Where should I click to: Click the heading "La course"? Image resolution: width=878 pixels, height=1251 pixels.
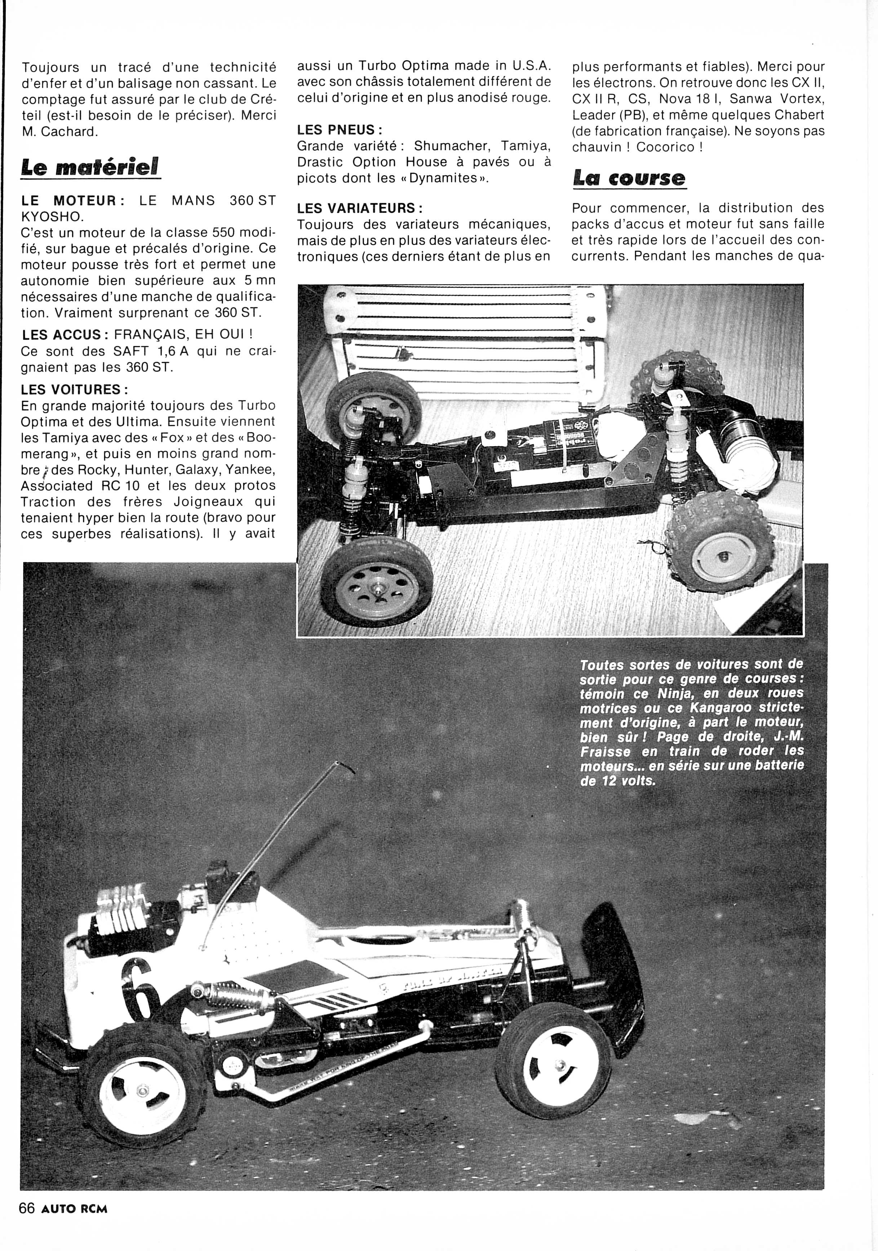[629, 178]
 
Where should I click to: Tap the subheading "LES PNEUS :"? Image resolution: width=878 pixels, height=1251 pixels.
[339, 130]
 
